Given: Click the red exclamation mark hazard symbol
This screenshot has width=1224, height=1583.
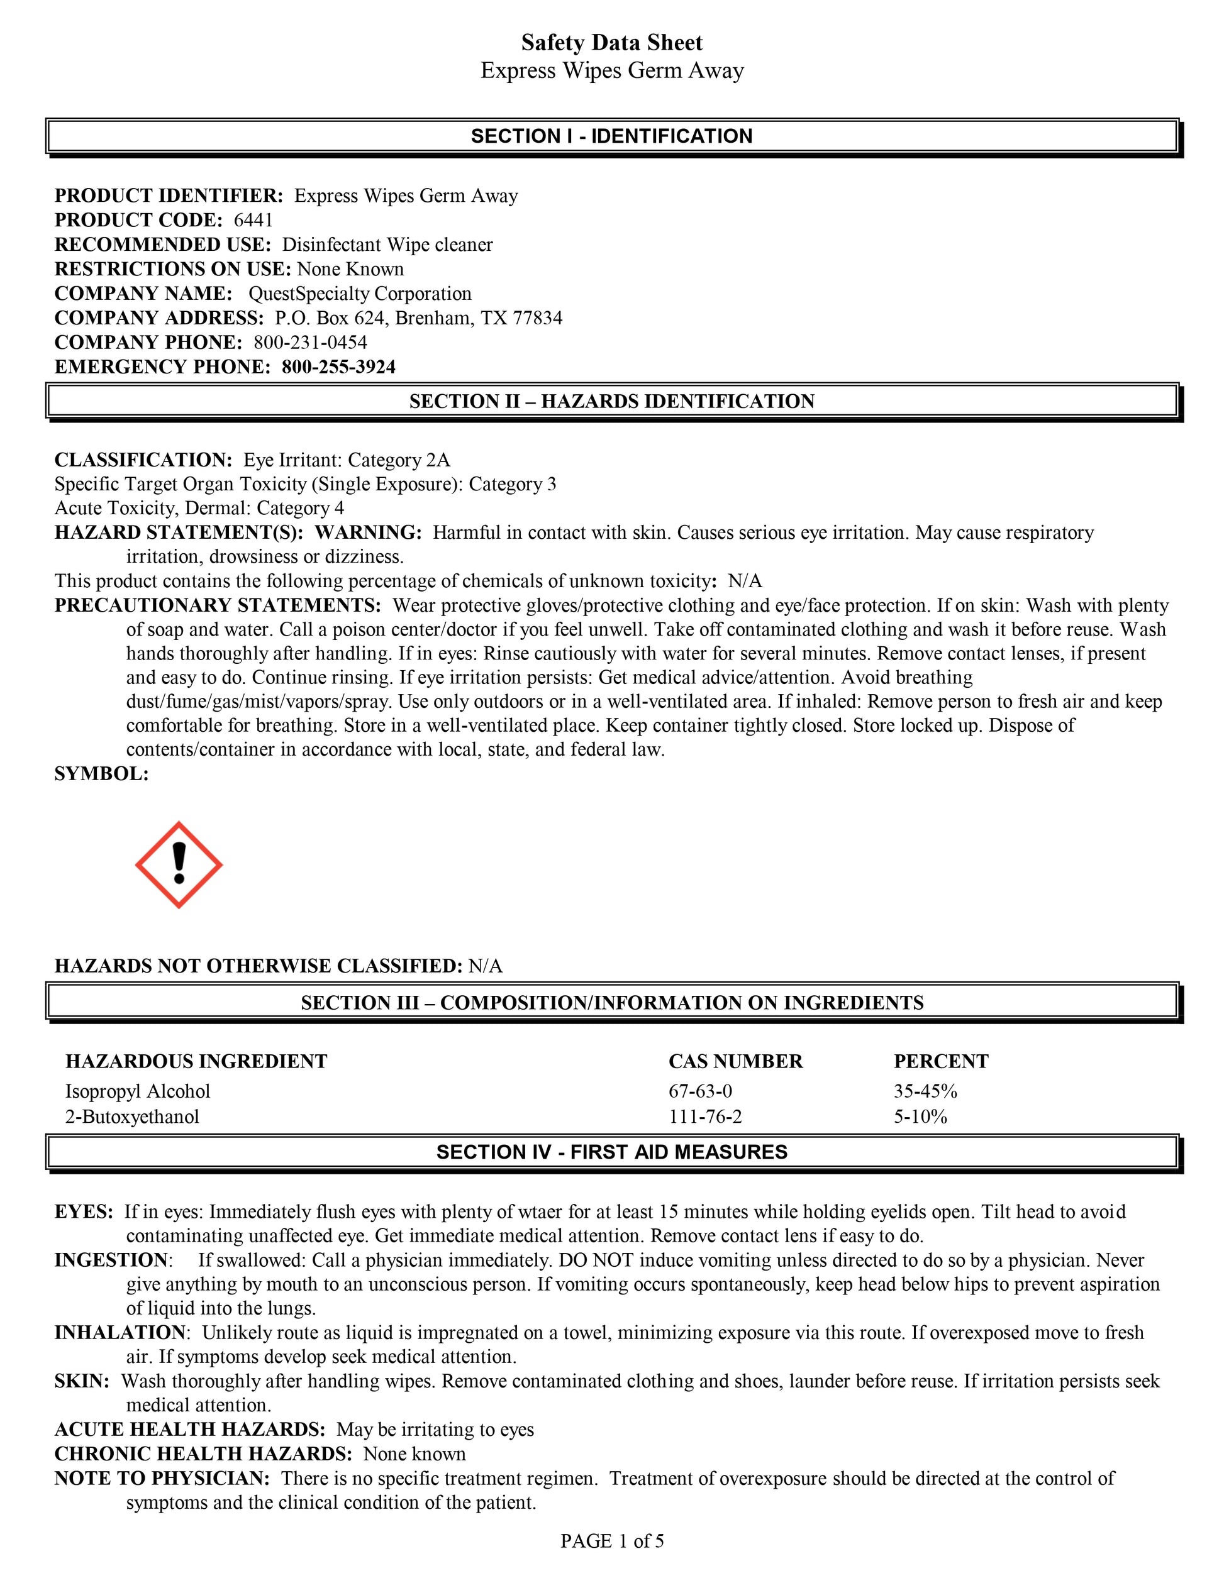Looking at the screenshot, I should click(x=179, y=864).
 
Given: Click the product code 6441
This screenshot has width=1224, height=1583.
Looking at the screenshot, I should click(x=253, y=220).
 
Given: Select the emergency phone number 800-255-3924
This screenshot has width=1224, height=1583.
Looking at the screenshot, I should click(x=338, y=367).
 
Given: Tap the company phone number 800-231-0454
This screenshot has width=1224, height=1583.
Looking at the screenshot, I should click(x=310, y=342).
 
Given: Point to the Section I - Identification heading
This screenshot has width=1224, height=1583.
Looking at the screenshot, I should click(x=612, y=136).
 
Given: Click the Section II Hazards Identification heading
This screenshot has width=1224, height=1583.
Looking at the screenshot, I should click(x=612, y=402).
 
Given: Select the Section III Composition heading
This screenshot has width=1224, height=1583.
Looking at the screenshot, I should click(x=612, y=1003).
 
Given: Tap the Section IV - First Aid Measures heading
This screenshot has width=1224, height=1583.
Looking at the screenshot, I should click(x=612, y=1152).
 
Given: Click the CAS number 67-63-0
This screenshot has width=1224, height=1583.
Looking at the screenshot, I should click(x=701, y=1091).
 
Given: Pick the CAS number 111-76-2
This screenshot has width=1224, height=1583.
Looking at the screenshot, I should click(x=706, y=1117).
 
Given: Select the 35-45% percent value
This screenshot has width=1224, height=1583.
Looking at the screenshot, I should click(x=926, y=1091).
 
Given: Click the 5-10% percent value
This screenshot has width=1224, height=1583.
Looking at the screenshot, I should click(x=921, y=1117).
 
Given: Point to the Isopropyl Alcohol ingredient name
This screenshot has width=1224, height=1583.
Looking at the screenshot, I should click(x=138, y=1091).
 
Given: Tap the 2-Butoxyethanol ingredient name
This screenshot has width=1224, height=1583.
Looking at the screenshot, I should click(x=132, y=1117).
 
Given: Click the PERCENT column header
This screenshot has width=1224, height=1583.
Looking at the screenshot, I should click(x=941, y=1061).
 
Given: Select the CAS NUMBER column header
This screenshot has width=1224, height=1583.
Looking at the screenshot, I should click(x=736, y=1061).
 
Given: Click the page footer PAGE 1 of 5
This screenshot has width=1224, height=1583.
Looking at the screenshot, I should click(x=612, y=1541).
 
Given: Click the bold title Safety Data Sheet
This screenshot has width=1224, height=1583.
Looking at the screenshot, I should click(x=612, y=43).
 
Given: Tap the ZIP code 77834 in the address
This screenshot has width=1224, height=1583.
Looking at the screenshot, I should click(x=537, y=318).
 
